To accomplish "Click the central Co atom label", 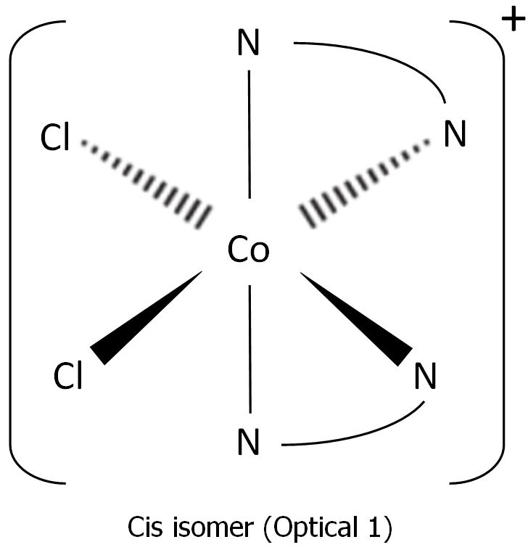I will tap(248, 250).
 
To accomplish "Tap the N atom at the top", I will tap(248, 46).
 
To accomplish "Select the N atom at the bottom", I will tap(248, 443).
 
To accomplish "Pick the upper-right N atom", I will tap(455, 135).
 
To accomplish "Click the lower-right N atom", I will tap(425, 377).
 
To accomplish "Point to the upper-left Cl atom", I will tap(55, 139).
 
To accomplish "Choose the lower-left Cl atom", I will tap(68, 377).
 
